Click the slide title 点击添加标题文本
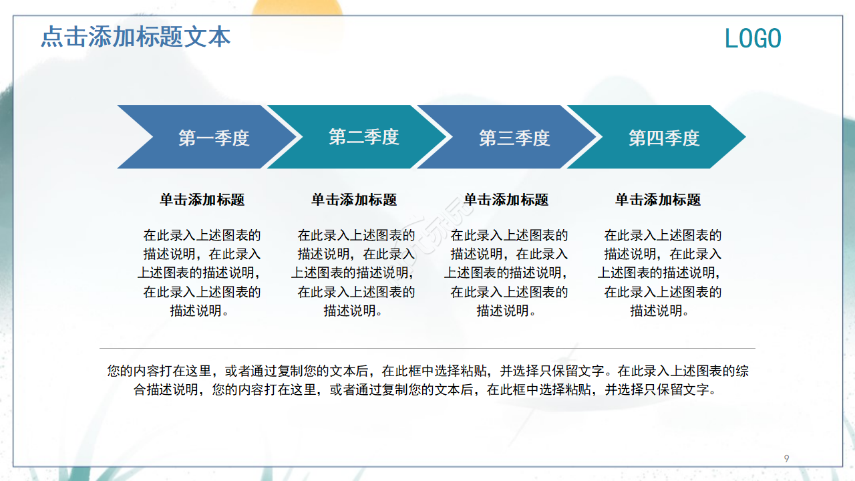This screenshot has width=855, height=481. tap(136, 37)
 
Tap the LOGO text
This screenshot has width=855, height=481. tap(753, 39)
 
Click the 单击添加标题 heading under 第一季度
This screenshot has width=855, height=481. tap(202, 200)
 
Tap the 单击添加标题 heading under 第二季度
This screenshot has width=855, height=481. tap(354, 200)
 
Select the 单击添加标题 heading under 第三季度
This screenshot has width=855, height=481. tap(506, 200)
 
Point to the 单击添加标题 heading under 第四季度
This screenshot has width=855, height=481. tap(658, 200)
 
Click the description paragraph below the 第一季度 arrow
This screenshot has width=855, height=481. tap(200, 273)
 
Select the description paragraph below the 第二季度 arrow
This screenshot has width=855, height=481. tap(353, 273)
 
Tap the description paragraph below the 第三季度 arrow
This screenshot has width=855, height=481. tap(506, 273)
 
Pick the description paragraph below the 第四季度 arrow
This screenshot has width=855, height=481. tap(660, 273)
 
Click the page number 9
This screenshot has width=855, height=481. tap(786, 458)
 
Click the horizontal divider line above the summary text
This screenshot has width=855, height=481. tap(427, 348)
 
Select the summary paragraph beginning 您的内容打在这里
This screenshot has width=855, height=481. tap(427, 380)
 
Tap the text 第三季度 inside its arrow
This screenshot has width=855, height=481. tap(514, 138)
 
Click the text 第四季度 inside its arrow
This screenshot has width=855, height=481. tap(664, 138)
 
